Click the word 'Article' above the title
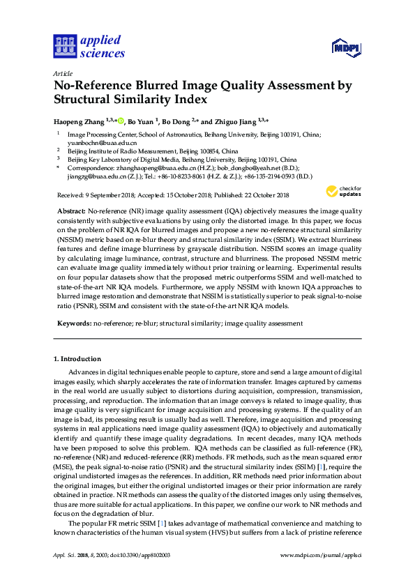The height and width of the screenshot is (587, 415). (x=63, y=73)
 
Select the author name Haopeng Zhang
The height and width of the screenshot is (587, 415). (x=79, y=120)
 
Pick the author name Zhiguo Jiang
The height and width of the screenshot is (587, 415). (x=234, y=120)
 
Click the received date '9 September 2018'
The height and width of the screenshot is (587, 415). (x=109, y=195)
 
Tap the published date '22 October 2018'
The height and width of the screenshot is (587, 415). (x=268, y=195)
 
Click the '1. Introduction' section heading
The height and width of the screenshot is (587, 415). (x=77, y=359)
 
